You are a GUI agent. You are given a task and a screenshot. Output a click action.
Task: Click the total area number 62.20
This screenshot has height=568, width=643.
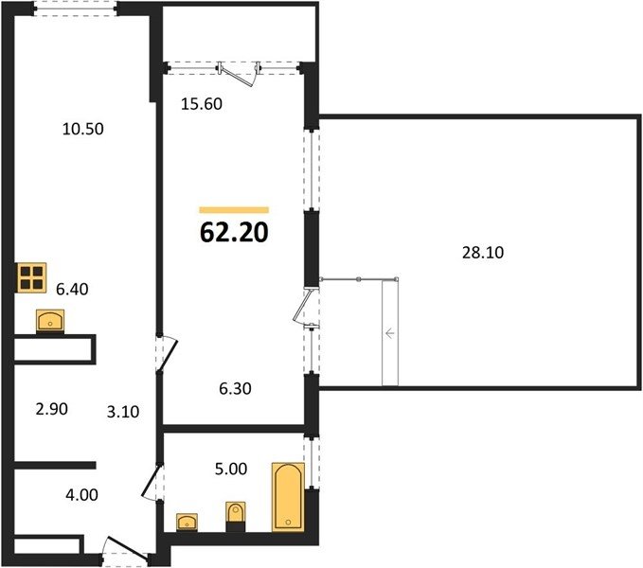234,232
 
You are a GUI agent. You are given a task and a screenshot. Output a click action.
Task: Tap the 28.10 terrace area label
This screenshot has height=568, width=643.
483,253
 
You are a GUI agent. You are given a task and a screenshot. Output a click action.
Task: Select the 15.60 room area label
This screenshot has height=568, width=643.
202,104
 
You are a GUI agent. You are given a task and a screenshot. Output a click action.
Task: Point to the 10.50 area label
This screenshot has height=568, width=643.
82,129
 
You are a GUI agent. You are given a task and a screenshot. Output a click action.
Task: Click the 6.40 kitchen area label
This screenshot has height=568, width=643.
72,290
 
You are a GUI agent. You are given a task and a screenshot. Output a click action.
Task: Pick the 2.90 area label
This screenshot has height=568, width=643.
52,409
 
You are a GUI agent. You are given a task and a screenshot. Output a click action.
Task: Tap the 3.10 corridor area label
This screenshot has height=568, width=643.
123,412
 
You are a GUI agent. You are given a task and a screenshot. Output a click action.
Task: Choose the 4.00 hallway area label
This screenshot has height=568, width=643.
81,495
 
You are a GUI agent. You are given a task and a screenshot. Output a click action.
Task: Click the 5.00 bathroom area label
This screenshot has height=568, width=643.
231,469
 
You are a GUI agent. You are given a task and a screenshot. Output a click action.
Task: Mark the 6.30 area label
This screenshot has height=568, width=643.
235,388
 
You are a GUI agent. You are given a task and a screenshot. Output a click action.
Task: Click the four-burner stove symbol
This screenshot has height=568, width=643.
31,278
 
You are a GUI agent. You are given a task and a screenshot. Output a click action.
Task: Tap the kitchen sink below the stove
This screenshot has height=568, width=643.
50,321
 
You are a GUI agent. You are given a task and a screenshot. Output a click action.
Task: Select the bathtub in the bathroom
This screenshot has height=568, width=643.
288,497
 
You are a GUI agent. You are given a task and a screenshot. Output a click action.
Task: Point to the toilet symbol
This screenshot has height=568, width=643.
236,516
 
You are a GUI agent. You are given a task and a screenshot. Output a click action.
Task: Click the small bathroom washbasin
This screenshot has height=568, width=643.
187,523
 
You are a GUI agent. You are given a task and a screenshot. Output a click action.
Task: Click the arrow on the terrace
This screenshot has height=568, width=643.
389,333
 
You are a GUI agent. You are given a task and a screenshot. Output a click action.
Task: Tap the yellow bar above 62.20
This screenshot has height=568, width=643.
234,210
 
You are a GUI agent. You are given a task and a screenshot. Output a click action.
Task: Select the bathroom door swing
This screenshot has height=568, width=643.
152,482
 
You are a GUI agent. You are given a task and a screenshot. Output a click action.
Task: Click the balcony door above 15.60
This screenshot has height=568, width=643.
239,74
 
